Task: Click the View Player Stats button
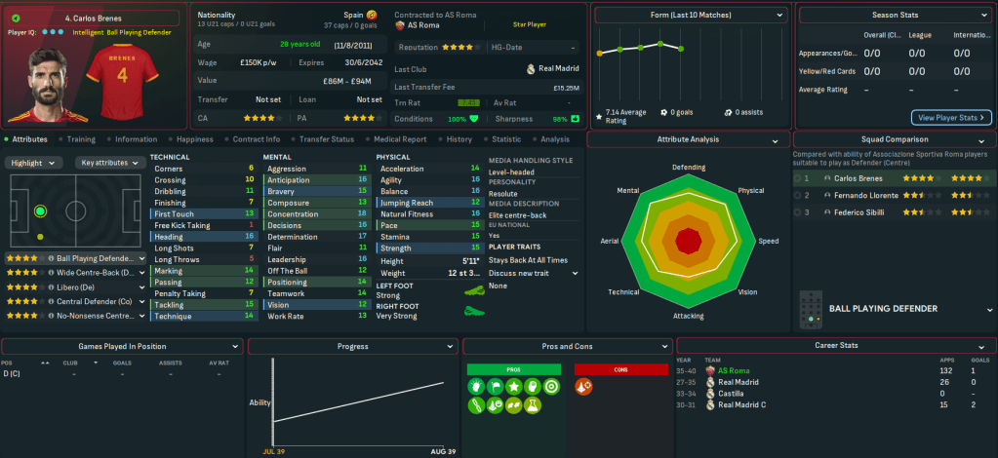951,118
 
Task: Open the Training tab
81,139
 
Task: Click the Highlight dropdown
33,163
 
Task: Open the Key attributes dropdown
106,163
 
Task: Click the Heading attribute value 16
250,237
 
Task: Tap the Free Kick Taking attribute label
182,225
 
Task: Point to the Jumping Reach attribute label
409,203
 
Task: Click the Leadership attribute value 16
363,260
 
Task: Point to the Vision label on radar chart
748,292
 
